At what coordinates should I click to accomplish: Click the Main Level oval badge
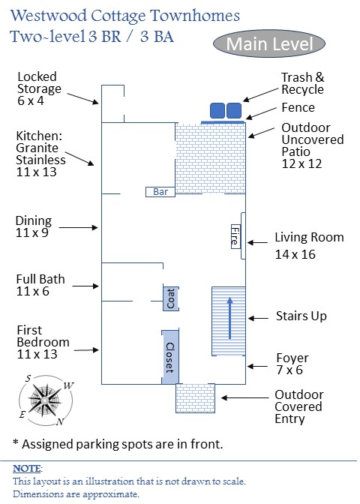[269, 44]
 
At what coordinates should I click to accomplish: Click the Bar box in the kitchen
[160, 191]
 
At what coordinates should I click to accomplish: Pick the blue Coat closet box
[170, 298]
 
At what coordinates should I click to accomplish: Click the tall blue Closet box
[169, 352]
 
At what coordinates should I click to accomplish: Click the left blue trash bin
[217, 110]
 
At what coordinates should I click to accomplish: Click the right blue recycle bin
[234, 110]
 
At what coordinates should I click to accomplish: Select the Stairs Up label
[301, 316]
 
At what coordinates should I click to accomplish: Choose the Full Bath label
[40, 285]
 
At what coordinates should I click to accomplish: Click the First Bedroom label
[43, 342]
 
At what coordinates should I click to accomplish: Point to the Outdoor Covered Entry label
[298, 406]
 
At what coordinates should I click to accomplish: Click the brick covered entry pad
[194, 397]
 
